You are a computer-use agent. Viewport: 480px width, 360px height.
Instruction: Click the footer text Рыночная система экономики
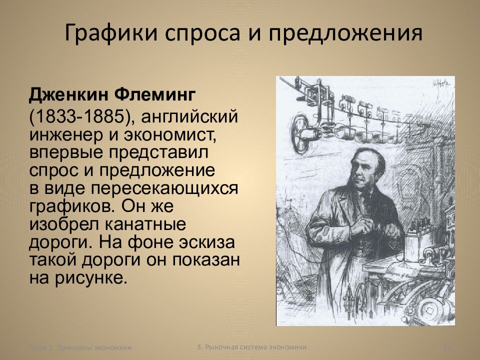tap(255, 346)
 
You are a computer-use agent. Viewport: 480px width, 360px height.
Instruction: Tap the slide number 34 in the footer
tap(447, 347)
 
